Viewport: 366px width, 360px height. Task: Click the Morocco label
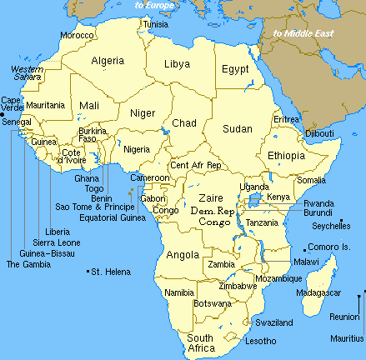pyautogui.click(x=77, y=36)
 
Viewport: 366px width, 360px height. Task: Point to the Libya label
pyautogui.click(x=178, y=64)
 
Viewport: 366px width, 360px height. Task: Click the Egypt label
pyautogui.click(x=235, y=70)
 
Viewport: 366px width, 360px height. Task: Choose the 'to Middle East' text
pyautogui.click(x=303, y=33)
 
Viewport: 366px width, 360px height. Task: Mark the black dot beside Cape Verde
pyautogui.click(x=3, y=114)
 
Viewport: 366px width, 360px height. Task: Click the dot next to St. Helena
pyautogui.click(x=87, y=272)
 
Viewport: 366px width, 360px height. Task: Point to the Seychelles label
pyautogui.click(x=331, y=226)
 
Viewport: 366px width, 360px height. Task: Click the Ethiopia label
pyautogui.click(x=286, y=156)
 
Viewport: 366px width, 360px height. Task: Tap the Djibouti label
pyautogui.click(x=318, y=133)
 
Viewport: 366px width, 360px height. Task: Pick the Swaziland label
pyautogui.click(x=274, y=322)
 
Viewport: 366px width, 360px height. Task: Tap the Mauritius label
pyautogui.click(x=347, y=338)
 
